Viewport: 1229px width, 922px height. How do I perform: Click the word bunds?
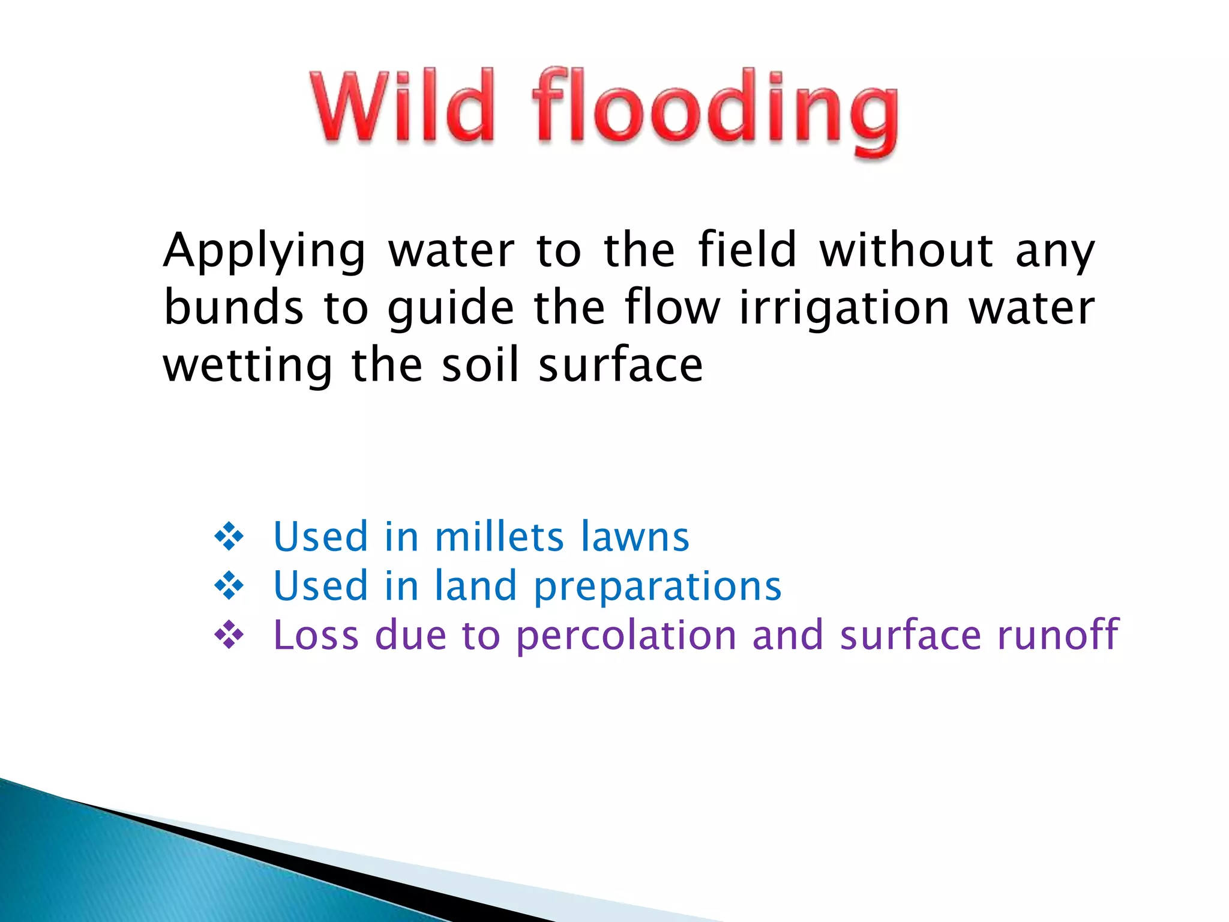(233, 307)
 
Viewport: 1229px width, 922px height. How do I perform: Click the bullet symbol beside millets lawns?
(229, 537)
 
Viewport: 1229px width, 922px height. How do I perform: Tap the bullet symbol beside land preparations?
(229, 586)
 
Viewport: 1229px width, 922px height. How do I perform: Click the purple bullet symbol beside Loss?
(229, 635)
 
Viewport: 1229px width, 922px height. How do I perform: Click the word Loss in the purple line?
(316, 635)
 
